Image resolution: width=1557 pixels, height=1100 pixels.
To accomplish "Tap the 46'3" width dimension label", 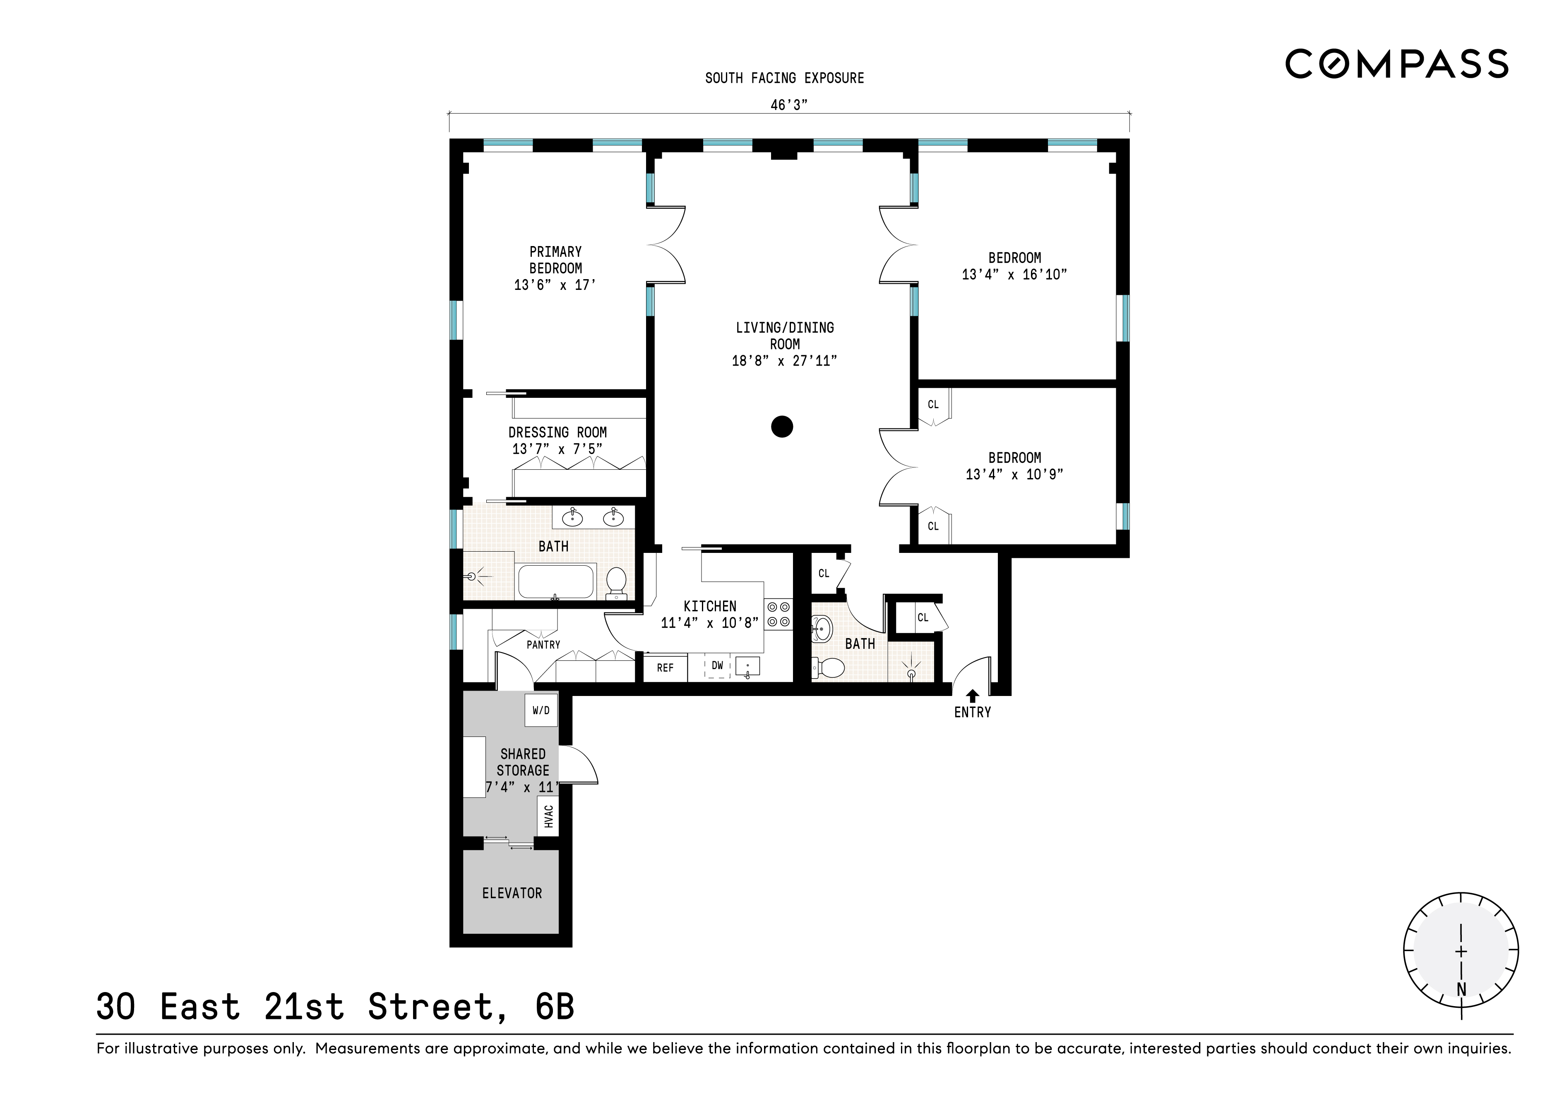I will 789,105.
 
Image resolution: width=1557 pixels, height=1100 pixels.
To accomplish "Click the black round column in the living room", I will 782,426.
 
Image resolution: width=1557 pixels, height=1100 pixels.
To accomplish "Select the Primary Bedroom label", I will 555,260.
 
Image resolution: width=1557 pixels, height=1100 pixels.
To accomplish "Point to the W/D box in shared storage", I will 541,710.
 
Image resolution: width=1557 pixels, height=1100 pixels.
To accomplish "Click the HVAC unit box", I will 548,816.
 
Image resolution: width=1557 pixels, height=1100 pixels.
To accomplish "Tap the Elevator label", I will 512,893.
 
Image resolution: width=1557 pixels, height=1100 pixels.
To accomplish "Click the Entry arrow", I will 973,696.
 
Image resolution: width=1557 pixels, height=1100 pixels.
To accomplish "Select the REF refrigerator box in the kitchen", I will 665,667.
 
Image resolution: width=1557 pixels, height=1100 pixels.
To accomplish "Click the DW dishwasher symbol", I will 718,666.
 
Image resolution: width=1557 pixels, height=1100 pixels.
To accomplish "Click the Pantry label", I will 543,645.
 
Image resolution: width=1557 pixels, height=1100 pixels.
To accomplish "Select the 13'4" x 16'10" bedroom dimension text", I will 1014,275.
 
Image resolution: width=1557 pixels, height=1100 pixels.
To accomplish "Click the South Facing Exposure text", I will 785,78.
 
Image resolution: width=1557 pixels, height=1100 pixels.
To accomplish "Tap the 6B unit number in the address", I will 554,1007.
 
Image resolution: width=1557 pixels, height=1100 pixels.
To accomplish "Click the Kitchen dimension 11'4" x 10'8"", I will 709,623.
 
